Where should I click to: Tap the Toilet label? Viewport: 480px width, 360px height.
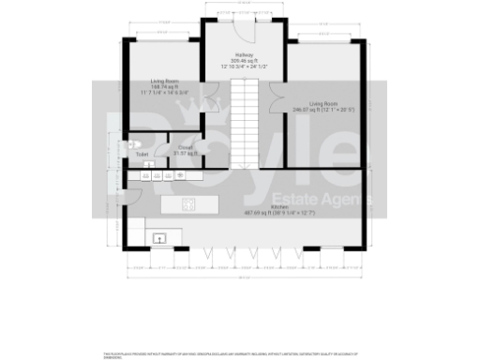click(x=142, y=154)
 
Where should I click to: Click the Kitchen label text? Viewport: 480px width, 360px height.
click(x=279, y=206)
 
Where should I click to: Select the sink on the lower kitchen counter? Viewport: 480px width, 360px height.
click(x=159, y=238)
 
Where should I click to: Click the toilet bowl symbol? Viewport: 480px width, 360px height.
click(x=133, y=145)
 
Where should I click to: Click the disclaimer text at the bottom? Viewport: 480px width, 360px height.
click(x=239, y=354)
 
